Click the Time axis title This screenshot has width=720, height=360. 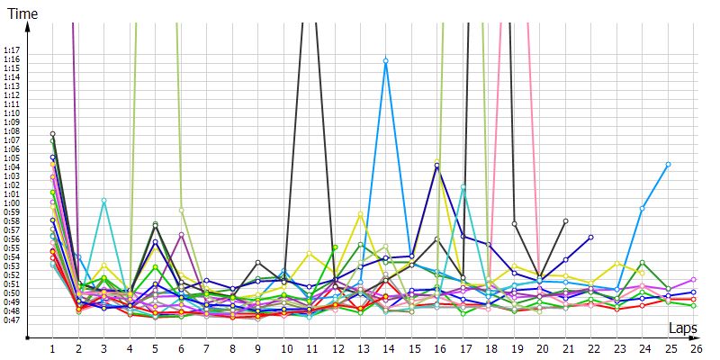point(22,13)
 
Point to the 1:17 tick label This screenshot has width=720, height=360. point(12,49)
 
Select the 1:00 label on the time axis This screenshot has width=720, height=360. point(12,202)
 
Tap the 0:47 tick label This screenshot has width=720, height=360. point(12,319)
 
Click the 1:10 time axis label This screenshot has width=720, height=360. point(12,112)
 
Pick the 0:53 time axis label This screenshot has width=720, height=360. point(12,265)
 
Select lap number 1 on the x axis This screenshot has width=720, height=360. point(52,348)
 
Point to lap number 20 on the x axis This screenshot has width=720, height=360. point(539,348)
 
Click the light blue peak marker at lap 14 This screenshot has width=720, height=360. point(385,60)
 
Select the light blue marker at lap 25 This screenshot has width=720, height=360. point(668,164)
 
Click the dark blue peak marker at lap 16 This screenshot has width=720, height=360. point(436,166)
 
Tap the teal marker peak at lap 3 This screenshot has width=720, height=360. point(103,201)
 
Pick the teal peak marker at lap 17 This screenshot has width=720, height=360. point(463,186)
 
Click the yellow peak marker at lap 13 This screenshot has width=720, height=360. point(360,213)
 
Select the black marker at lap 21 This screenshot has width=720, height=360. point(565,220)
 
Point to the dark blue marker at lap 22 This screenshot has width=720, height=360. point(590,237)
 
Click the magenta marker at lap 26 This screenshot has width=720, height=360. point(693,279)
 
